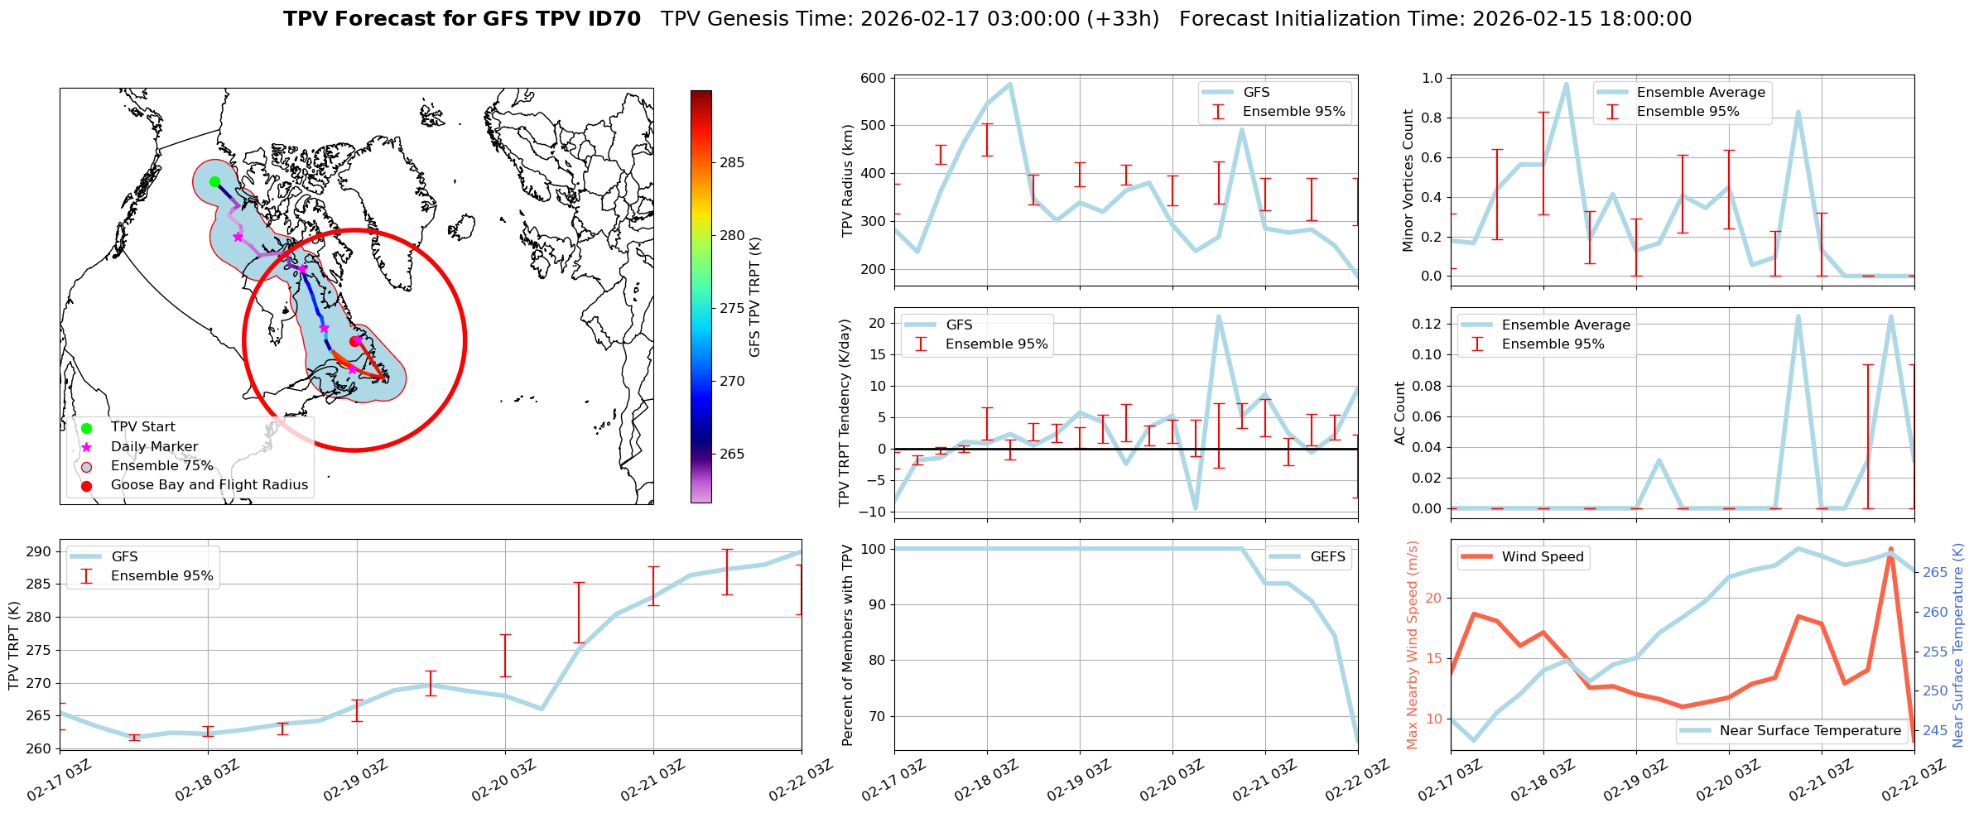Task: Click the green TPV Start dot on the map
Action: [x=214, y=182]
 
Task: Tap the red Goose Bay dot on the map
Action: [x=354, y=341]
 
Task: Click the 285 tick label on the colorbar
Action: [x=732, y=163]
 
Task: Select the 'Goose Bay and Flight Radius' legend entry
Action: [x=209, y=485]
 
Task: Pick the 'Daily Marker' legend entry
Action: [x=154, y=447]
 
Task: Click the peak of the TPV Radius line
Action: [x=1010, y=84]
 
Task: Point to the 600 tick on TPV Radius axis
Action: [x=874, y=79]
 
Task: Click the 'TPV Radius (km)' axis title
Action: [x=847, y=181]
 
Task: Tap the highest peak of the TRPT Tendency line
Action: [x=1219, y=315]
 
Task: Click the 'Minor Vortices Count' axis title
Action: [x=1408, y=181]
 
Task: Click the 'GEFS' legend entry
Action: [x=1327, y=557]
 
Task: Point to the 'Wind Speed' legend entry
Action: [x=1543, y=557]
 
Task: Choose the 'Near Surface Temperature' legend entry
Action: [x=1810, y=731]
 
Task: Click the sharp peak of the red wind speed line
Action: [x=1890, y=549]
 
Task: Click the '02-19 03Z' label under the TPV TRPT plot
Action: [x=355, y=781]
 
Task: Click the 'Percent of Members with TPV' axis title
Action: [x=847, y=645]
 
